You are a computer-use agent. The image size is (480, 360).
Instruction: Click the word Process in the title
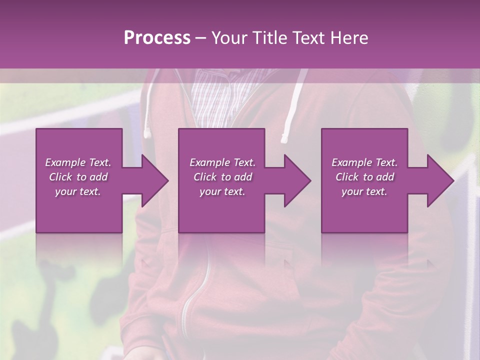(157, 38)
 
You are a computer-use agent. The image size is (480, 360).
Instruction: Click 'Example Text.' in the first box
(78, 162)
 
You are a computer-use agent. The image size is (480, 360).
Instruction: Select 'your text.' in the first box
(78, 191)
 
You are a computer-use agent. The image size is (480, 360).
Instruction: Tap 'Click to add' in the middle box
(222, 177)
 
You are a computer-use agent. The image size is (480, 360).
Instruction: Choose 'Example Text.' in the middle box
(222, 162)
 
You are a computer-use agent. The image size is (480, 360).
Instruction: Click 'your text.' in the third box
(364, 191)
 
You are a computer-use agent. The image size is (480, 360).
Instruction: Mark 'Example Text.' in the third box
(364, 162)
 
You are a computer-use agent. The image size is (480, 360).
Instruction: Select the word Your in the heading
(228, 38)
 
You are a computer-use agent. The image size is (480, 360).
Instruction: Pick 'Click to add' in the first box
(78, 177)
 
